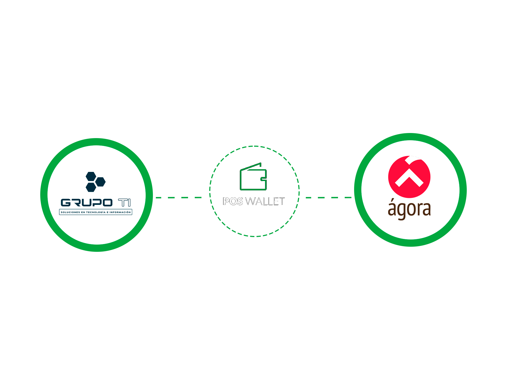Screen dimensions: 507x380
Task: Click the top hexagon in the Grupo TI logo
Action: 91,176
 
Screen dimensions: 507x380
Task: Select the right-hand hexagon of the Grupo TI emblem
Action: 100,182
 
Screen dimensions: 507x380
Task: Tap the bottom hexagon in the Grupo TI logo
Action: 91,187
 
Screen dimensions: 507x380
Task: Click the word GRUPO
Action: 86,203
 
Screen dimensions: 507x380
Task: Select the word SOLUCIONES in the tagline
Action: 70,212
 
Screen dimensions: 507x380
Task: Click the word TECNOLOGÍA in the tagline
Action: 96,212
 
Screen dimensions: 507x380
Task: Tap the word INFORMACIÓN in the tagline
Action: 120,212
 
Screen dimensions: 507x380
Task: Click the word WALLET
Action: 265,201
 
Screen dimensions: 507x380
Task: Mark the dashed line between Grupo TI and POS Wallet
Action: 179,198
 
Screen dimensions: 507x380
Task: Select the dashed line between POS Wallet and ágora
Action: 329,198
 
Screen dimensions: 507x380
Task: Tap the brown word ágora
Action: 409,209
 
